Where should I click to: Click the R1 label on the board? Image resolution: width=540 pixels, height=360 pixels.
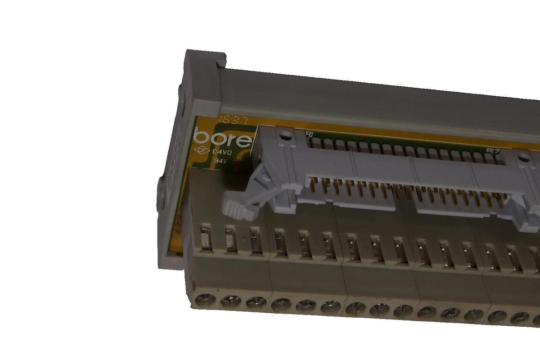pos(309,134)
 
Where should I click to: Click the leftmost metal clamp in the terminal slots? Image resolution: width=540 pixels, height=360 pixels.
pos(205,238)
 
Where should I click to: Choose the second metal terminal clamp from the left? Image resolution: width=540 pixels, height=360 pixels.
pos(230,240)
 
